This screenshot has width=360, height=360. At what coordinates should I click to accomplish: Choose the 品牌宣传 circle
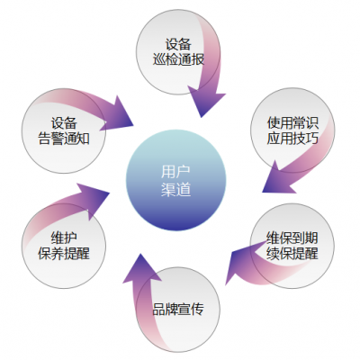click(177, 310)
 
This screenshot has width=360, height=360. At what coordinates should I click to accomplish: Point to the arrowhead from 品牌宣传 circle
click(142, 265)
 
